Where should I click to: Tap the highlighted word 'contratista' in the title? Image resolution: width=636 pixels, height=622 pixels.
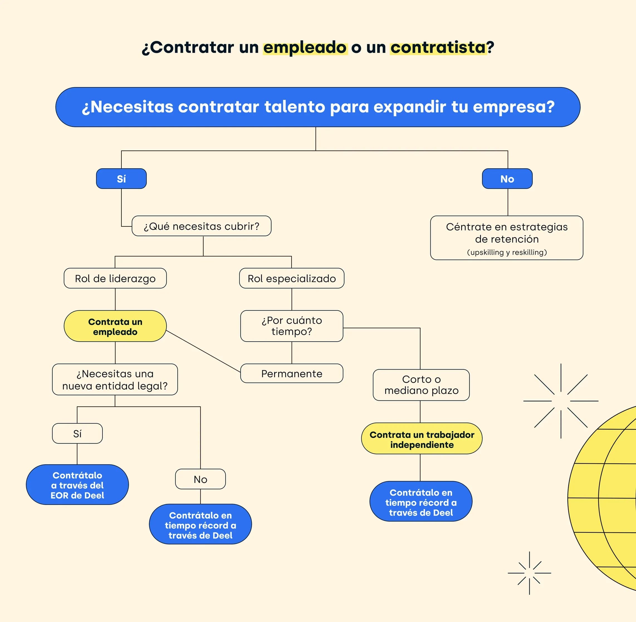tap(438, 47)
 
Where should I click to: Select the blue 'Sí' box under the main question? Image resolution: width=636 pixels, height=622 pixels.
tap(121, 179)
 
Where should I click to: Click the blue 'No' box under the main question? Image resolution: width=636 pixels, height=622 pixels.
tap(507, 179)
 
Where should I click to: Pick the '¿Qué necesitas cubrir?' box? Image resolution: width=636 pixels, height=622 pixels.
tap(201, 226)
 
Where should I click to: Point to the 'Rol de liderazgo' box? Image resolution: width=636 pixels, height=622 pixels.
tap(115, 278)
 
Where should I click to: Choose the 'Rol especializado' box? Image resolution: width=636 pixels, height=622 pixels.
tap(292, 278)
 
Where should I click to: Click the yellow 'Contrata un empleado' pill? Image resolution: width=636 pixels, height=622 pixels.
tap(115, 326)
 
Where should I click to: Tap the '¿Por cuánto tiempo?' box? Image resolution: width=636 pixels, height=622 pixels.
tap(292, 326)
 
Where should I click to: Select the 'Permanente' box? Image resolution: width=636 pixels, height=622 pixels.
tap(292, 373)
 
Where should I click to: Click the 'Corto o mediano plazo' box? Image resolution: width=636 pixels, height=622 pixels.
tap(421, 385)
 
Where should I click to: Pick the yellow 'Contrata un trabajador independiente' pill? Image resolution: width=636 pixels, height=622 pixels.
tap(422, 438)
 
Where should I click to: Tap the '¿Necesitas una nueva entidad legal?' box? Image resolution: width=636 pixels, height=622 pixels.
tap(115, 380)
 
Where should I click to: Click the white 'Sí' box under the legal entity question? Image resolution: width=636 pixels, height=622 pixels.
tap(77, 433)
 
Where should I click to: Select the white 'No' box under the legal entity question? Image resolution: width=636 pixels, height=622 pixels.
tap(200, 479)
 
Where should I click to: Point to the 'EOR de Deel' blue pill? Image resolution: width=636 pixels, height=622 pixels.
tap(77, 485)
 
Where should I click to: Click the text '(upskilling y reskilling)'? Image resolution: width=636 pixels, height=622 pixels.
tap(507, 252)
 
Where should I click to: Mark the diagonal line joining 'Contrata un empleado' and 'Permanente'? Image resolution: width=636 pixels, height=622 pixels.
tap(203, 351)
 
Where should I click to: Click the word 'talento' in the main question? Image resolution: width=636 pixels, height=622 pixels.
tap(295, 107)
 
